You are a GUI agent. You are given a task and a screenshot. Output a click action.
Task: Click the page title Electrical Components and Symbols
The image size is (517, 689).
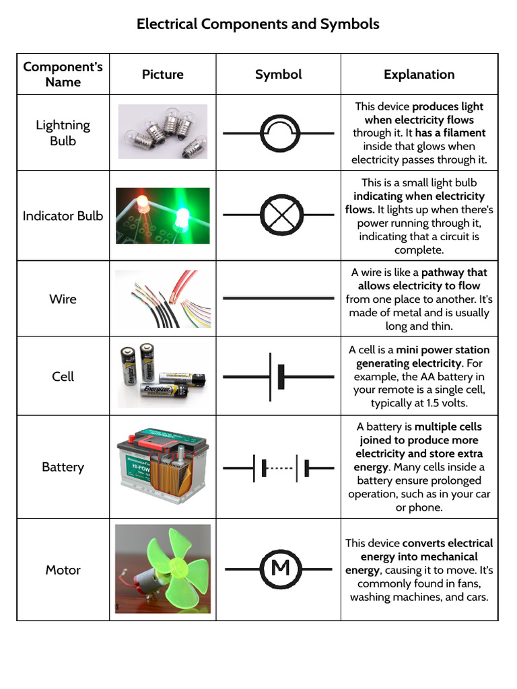pos(258,24)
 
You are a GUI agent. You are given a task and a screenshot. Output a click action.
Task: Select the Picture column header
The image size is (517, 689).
pos(163,75)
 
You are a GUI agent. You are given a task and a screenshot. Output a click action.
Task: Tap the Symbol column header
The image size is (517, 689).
pos(278,75)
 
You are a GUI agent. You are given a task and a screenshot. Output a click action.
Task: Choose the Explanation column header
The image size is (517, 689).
pos(419,75)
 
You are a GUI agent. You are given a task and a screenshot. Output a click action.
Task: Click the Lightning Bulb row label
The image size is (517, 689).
pos(63,133)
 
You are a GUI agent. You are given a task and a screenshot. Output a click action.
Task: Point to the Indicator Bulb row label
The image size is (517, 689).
pos(63,216)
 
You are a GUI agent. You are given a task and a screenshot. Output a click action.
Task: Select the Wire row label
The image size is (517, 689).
pos(63,299)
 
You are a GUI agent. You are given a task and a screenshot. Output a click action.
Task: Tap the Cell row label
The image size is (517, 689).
pos(63,376)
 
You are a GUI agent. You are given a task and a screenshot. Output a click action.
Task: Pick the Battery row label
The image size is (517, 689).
pos(63,467)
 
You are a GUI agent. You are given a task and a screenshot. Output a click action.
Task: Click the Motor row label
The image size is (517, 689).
pos(63,570)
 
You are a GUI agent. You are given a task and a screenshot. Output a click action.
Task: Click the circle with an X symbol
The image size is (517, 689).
pos(279,215)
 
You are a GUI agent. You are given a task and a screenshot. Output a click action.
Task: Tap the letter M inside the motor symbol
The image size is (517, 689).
pos(280,569)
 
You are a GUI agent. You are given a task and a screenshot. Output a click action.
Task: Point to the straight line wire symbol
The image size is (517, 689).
pos(279,297)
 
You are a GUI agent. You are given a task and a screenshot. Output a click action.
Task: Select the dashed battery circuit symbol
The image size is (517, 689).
pos(279,467)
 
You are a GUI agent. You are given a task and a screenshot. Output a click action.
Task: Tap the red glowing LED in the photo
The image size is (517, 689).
pos(143,203)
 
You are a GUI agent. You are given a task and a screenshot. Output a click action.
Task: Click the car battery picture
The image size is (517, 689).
pos(163,466)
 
